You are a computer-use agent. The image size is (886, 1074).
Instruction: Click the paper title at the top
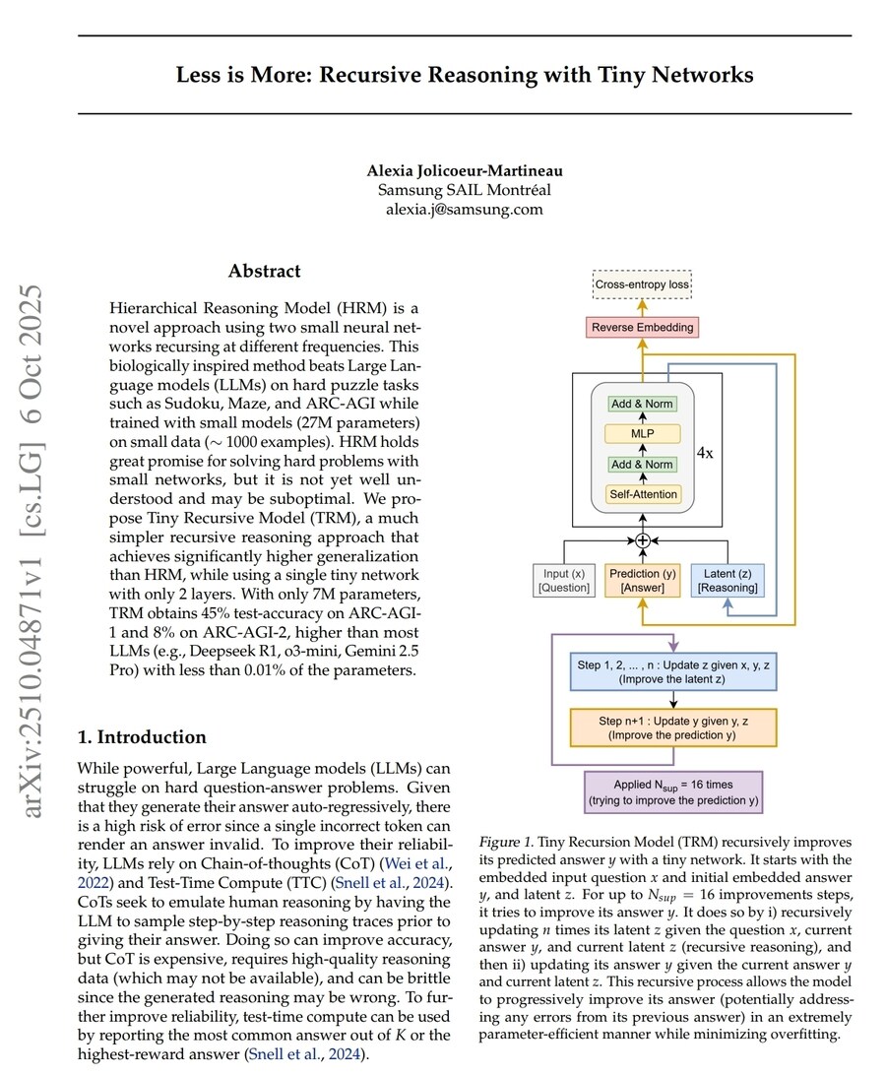coord(464,75)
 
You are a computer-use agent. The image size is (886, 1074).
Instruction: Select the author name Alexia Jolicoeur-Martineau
coord(464,171)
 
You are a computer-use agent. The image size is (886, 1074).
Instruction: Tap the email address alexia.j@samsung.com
coord(464,209)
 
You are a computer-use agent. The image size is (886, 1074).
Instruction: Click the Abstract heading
coord(265,271)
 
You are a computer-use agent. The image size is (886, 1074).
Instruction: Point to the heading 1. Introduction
coord(143,737)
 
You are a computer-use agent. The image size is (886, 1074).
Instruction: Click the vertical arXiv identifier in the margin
coord(32,550)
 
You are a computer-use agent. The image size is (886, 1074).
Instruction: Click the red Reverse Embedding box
coord(643,326)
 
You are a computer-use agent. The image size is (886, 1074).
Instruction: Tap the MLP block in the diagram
coord(643,434)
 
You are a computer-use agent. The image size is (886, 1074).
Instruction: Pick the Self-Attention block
coord(643,494)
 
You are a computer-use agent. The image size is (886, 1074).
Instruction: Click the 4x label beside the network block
coord(705,454)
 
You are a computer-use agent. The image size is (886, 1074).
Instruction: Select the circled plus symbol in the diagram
coord(643,539)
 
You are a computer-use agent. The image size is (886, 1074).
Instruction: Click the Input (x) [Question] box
coord(565,580)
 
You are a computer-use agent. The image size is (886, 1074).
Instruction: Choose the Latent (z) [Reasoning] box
coord(728,580)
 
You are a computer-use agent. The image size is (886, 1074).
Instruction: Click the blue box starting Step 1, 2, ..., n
coord(673,671)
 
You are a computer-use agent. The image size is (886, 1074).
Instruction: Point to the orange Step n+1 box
coord(673,727)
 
